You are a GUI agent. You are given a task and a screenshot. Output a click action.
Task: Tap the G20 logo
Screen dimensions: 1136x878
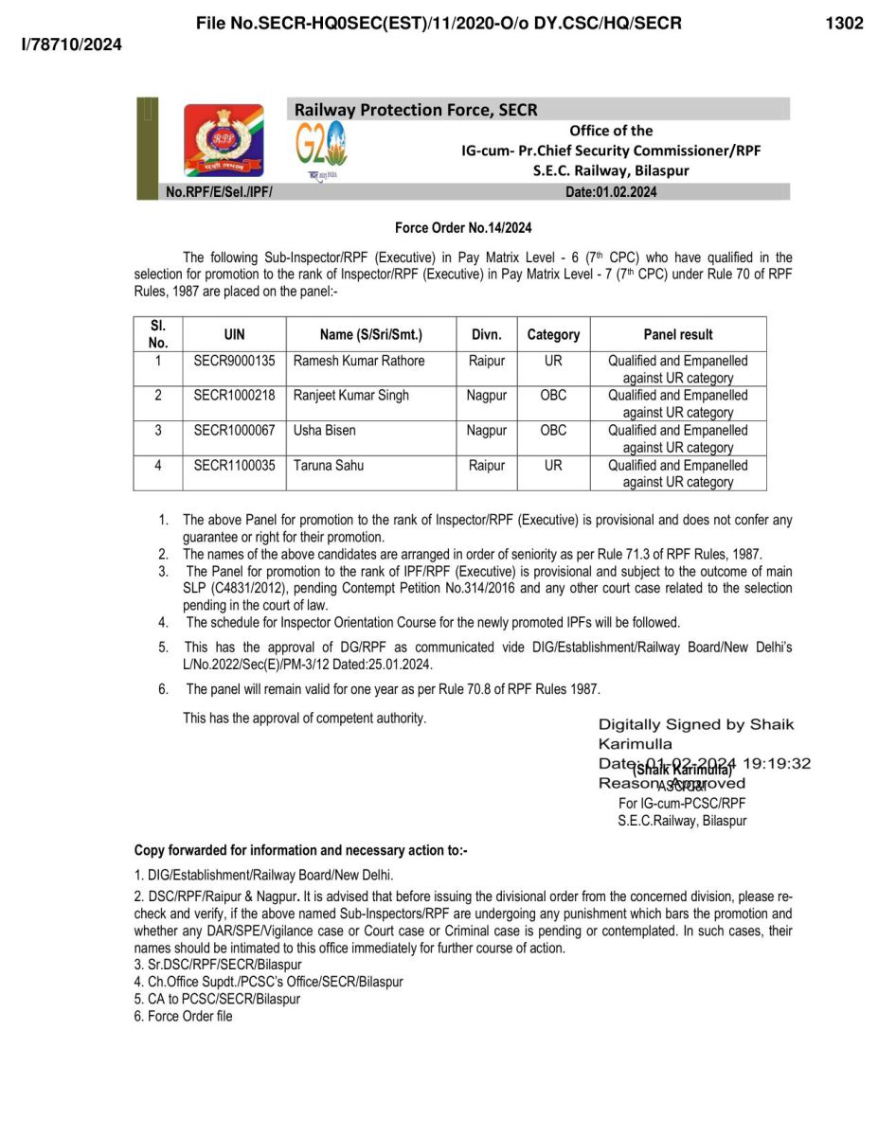pyautogui.click(x=322, y=149)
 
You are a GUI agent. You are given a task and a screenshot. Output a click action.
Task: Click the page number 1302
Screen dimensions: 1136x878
pyautogui.click(x=844, y=24)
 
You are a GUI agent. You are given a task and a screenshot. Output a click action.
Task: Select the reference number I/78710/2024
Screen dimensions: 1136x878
pyautogui.click(x=72, y=44)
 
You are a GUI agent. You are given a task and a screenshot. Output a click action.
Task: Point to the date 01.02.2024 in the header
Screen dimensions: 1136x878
pyautogui.click(x=626, y=192)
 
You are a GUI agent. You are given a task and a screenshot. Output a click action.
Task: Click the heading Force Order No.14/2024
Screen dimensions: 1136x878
pyautogui.click(x=463, y=228)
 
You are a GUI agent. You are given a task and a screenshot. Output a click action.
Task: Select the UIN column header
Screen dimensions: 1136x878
pyautogui.click(x=234, y=334)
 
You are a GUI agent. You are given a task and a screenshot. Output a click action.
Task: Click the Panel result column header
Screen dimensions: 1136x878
pyautogui.click(x=677, y=334)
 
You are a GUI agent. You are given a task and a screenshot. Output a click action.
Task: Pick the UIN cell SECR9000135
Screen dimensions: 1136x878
pyautogui.click(x=234, y=361)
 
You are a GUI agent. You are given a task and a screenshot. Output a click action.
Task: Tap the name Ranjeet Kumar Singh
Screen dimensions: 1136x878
pyautogui.click(x=351, y=396)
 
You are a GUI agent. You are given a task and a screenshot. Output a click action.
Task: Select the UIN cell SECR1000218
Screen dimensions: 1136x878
pyautogui.click(x=234, y=396)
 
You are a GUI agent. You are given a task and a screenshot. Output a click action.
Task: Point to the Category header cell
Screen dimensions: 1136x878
pyautogui.click(x=553, y=334)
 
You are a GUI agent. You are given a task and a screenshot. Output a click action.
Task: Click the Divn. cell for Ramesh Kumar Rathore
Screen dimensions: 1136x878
pyautogui.click(x=487, y=361)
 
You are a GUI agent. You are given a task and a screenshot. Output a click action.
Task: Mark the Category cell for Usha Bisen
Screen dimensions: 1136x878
pyautogui.click(x=553, y=431)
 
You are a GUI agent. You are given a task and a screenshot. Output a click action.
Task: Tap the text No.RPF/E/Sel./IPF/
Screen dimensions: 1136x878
pyautogui.click(x=220, y=192)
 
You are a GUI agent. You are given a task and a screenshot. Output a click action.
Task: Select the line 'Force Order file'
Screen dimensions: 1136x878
pyautogui.click(x=189, y=1016)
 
